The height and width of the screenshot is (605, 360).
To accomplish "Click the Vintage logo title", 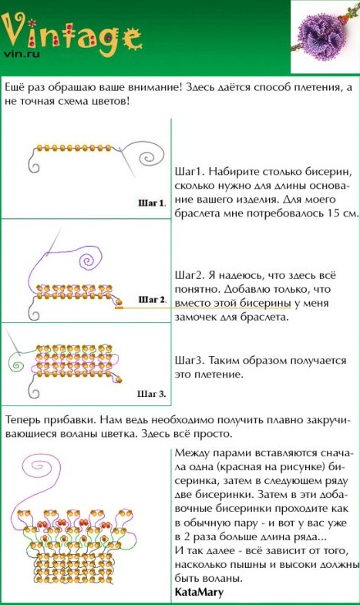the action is click(x=72, y=34).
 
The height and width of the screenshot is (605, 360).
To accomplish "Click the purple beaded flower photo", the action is click(x=325, y=37).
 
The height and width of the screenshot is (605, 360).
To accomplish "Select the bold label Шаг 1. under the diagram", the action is click(x=152, y=203).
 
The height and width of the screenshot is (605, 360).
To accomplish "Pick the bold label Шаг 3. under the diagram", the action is click(x=152, y=394).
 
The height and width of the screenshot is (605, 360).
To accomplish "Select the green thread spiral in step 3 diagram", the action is click(x=17, y=363).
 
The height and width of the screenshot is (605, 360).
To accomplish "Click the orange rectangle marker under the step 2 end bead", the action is click(x=119, y=308).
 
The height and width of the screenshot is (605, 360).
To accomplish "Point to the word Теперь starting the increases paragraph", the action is click(x=22, y=420).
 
